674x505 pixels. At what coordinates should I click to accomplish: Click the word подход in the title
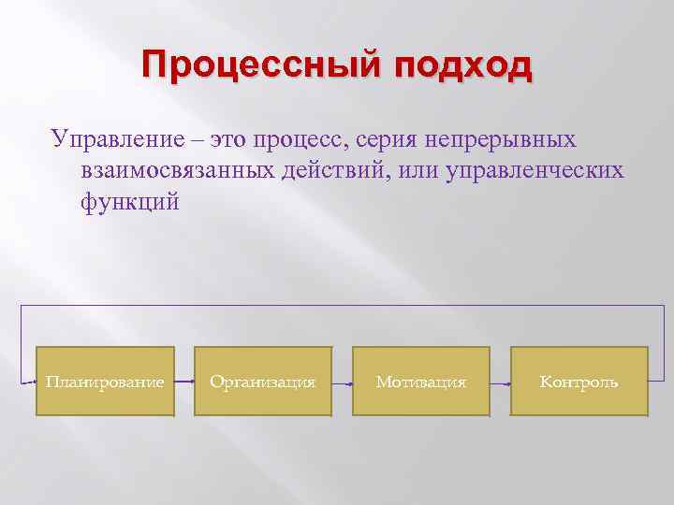pos(462,67)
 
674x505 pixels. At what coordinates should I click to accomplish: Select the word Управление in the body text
pos(120,139)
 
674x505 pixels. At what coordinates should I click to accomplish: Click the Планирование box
pos(105,382)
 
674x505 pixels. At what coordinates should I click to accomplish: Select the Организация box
pos(263,382)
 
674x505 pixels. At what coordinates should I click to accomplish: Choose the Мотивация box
pos(421,382)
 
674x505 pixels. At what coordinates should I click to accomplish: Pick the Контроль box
pos(579,382)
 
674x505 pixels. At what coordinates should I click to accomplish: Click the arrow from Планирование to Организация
pos(184,382)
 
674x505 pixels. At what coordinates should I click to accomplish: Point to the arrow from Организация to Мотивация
pos(343,382)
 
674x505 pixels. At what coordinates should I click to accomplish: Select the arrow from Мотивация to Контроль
pos(501,382)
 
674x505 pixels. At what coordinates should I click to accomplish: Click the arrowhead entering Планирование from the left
pos(31,382)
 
